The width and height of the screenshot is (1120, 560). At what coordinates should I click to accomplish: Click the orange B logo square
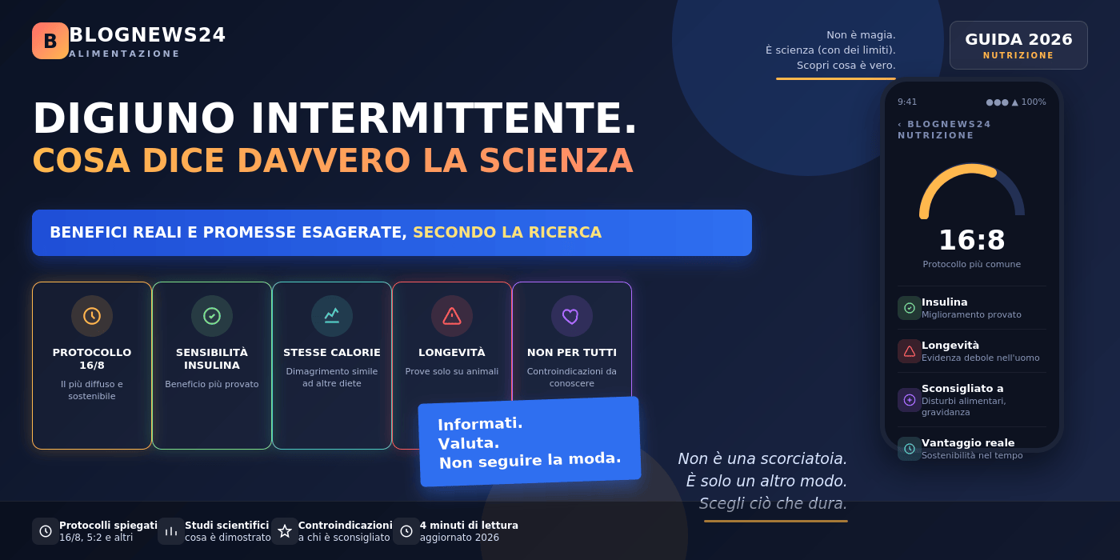[x=50, y=41]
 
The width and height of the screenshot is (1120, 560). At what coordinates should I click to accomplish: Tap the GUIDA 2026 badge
[x=1018, y=45]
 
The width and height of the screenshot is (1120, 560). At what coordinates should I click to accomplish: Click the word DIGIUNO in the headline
[x=134, y=118]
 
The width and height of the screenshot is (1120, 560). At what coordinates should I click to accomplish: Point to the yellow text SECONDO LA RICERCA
[x=507, y=233]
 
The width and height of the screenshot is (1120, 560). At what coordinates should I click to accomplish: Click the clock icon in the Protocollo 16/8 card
[x=92, y=316]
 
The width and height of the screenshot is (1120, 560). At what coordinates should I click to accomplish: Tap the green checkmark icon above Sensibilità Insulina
[x=212, y=316]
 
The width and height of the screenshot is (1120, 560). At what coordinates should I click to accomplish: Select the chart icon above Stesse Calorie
[x=332, y=316]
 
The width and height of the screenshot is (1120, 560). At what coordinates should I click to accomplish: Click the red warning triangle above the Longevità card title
[x=452, y=316]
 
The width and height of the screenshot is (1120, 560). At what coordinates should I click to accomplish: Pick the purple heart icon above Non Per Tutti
[x=570, y=316]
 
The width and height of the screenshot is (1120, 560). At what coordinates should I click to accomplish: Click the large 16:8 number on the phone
[x=971, y=240]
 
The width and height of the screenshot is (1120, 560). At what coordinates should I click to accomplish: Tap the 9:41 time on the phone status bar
[x=907, y=102]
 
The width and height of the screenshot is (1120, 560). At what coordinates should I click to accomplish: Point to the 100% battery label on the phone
[x=1034, y=102]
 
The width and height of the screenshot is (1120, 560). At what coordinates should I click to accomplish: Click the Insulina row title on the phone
[x=945, y=302]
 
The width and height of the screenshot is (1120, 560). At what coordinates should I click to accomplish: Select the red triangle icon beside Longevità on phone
[x=910, y=351]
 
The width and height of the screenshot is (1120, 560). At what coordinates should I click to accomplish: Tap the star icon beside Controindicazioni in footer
[x=285, y=531]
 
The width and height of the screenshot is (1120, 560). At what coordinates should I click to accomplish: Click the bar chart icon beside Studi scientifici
[x=171, y=531]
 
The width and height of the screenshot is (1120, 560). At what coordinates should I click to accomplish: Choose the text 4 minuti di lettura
[x=469, y=526]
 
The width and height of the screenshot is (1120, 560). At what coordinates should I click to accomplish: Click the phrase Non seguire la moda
[x=530, y=460]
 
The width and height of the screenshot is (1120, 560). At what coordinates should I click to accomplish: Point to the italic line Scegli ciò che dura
[x=773, y=503]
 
